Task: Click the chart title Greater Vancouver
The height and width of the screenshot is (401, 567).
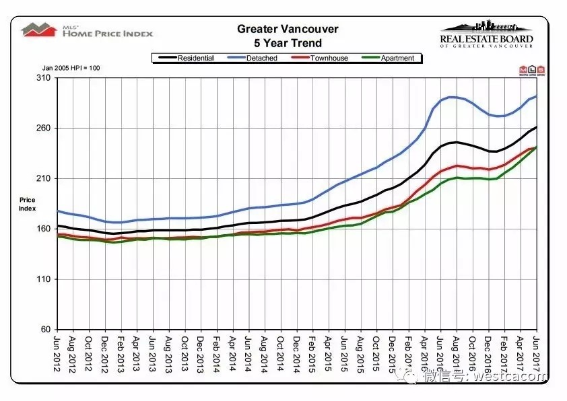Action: point(288,30)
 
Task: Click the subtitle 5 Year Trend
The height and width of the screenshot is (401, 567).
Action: point(288,43)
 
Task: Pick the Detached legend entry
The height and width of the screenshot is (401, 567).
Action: point(261,59)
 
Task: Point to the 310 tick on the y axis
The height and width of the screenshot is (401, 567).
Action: point(43,78)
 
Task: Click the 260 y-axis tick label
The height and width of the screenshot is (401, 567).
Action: point(43,129)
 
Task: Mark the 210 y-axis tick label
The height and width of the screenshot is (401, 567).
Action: point(43,179)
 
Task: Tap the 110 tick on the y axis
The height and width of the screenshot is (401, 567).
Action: point(43,279)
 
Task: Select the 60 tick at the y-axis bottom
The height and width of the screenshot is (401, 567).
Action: point(45,330)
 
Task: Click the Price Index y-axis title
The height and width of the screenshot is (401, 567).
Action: point(27,205)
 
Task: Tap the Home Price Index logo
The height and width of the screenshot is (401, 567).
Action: point(88,30)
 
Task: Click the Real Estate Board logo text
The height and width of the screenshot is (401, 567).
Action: point(486,40)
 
